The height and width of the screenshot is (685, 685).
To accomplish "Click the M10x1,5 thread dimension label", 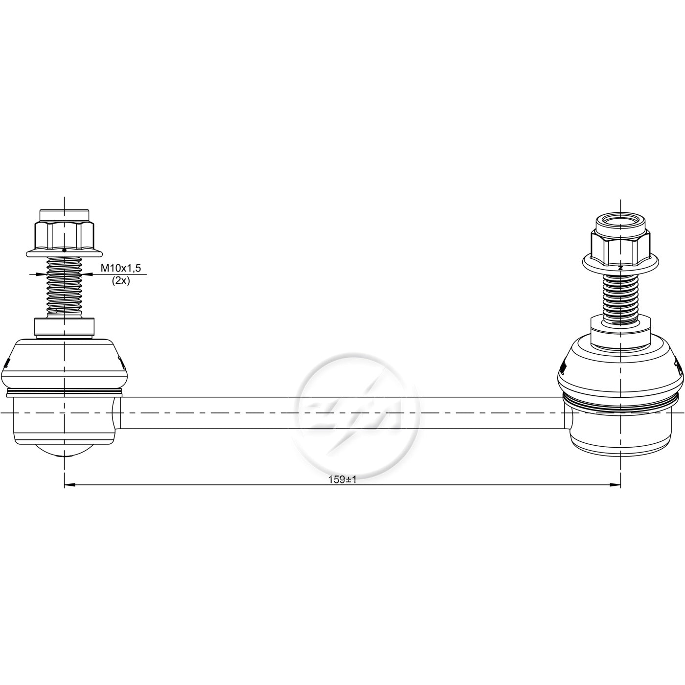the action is pyautogui.click(x=121, y=268).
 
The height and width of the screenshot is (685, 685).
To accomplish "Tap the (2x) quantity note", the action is pyautogui.click(x=121, y=281).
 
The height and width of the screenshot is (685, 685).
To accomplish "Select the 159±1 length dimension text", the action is pyautogui.click(x=342, y=479).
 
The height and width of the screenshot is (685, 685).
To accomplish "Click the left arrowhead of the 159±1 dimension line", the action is pyautogui.click(x=69, y=484).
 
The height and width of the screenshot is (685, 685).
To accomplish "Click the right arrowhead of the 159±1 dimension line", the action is pyautogui.click(x=615, y=484).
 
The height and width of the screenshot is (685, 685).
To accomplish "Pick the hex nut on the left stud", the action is pyautogui.click(x=64, y=235).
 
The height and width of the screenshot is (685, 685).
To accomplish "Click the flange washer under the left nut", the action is pyautogui.click(x=64, y=253).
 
